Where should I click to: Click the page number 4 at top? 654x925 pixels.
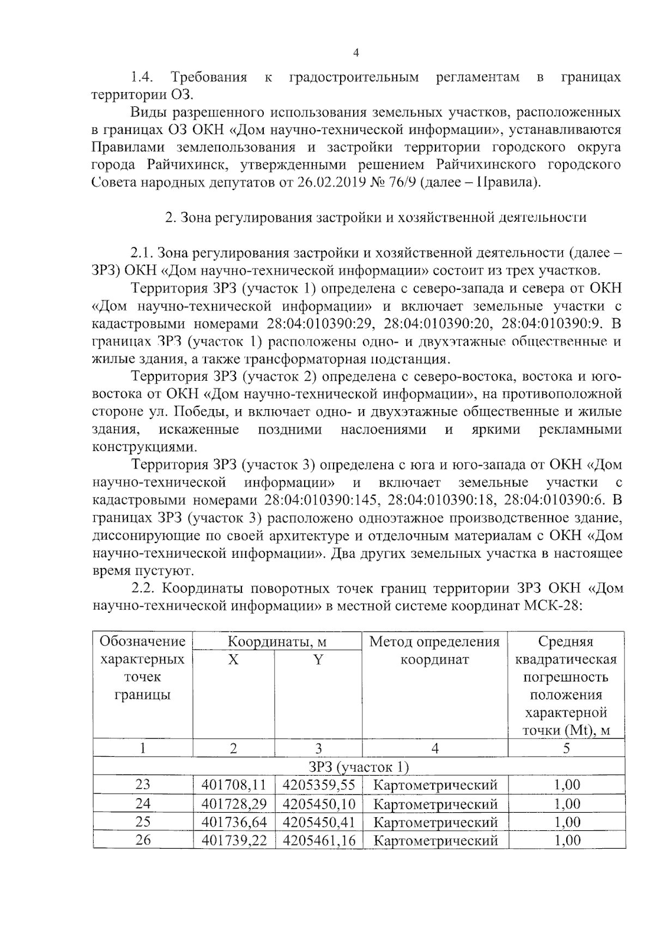click(x=356, y=53)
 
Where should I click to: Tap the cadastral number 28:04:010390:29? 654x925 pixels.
click(x=320, y=324)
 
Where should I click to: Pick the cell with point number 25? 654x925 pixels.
click(x=143, y=821)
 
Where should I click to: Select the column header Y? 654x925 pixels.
click(x=318, y=660)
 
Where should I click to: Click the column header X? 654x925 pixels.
click(x=233, y=660)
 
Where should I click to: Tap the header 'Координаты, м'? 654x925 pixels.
click(x=277, y=642)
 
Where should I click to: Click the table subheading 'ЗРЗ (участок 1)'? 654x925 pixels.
click(x=359, y=766)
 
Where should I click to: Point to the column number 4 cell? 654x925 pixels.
click(x=434, y=748)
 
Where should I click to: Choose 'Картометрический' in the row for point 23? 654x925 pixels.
click(x=435, y=785)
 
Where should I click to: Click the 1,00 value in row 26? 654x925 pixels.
click(x=567, y=840)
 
